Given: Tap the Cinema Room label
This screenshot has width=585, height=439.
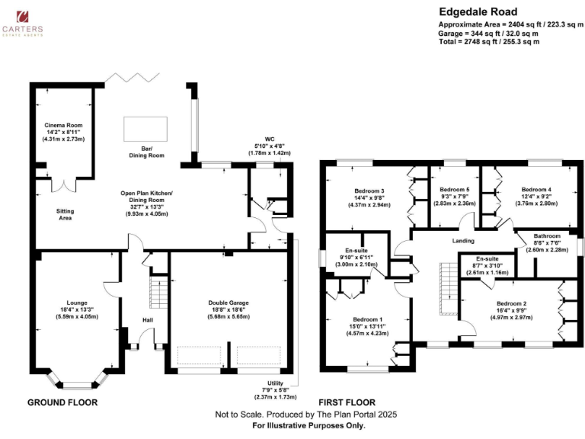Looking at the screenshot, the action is click(x=63, y=125).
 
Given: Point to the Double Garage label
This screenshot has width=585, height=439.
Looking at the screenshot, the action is click(x=229, y=303).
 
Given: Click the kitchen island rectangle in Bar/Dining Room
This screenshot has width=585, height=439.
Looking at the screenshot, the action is click(x=140, y=130).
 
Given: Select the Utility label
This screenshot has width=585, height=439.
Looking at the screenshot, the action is click(x=276, y=383).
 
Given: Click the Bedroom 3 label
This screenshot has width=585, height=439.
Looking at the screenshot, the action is click(x=369, y=191).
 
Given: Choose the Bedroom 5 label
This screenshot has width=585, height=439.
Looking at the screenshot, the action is click(x=455, y=188).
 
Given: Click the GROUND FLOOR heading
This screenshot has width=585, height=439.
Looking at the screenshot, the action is click(x=62, y=402).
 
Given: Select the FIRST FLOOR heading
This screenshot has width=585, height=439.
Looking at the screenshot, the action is click(x=347, y=402).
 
